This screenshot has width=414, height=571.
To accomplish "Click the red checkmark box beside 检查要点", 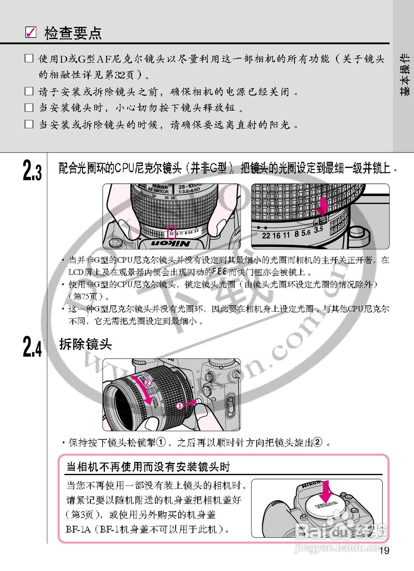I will [x=31, y=33].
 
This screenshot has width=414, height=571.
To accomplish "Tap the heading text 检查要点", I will [x=73, y=33].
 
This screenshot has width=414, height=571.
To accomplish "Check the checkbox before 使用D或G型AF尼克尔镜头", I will [x=29, y=58].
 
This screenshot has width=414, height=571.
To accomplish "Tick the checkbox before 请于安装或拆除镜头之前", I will [x=29, y=91].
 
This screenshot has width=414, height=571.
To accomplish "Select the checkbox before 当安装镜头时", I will [x=29, y=108].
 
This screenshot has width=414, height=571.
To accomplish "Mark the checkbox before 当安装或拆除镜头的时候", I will [x=29, y=124].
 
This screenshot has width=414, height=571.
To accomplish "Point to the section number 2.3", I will [x=32, y=171].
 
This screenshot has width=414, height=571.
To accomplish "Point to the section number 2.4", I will [x=32, y=347].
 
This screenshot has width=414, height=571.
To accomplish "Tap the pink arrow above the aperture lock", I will [x=323, y=206].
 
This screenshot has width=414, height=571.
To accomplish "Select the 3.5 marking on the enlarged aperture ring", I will [x=318, y=230].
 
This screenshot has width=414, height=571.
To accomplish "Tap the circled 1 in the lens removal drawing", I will [x=179, y=406].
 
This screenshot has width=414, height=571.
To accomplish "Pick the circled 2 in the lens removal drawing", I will [x=148, y=382].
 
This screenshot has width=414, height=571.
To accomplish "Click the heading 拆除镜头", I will [x=85, y=344].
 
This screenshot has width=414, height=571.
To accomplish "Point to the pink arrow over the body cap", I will [x=327, y=491].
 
